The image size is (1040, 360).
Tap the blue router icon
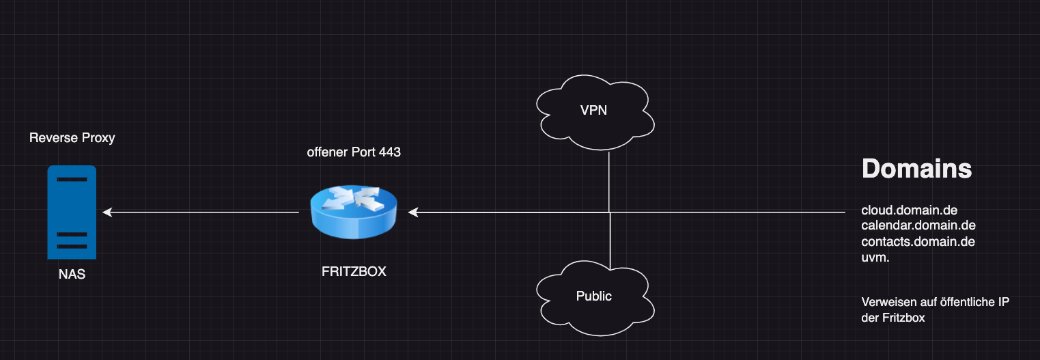click(353, 212)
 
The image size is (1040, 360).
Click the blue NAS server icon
click(71, 212)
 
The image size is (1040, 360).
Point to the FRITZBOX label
click(354, 271)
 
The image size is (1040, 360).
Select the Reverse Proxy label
click(72, 138)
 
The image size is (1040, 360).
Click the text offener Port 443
click(354, 152)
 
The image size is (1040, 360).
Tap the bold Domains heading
click(916, 168)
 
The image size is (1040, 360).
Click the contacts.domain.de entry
click(918, 241)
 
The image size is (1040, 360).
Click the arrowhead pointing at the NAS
click(107, 213)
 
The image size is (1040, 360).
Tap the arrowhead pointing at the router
click(412, 213)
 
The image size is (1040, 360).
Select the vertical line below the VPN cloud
click(609, 181)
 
